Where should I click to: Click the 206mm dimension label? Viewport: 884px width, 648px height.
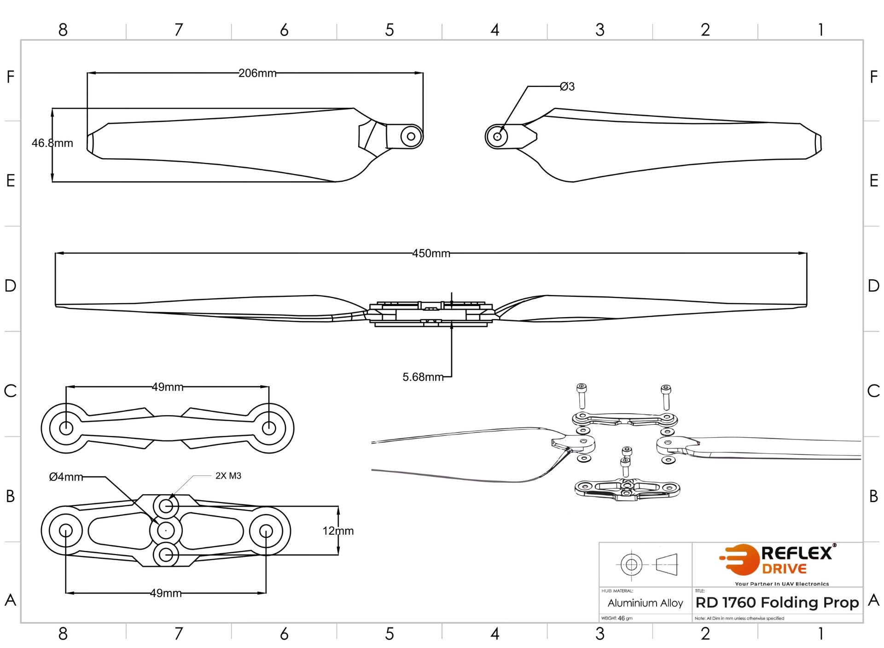click(x=257, y=73)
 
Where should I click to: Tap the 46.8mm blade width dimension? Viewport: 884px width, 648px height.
click(x=52, y=143)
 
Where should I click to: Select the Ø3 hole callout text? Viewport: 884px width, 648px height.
click(x=567, y=87)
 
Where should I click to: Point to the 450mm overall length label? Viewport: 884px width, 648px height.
click(x=431, y=254)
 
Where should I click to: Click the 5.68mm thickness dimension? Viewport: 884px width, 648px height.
click(x=423, y=377)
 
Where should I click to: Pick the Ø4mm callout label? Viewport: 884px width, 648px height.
click(x=66, y=477)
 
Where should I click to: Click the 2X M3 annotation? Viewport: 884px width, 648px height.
click(x=228, y=476)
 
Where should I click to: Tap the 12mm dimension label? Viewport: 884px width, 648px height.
click(x=338, y=531)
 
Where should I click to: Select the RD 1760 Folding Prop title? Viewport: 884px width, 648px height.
click(x=777, y=602)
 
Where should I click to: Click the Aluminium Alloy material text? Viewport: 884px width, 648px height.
click(x=645, y=603)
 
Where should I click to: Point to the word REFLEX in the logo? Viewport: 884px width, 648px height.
click(x=797, y=553)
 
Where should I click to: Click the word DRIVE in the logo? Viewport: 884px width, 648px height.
click(x=784, y=569)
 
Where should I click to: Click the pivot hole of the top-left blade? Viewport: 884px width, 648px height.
click(x=411, y=136)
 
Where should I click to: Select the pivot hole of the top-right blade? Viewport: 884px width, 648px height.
click(x=497, y=137)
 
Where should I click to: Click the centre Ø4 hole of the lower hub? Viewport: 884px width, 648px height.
click(x=166, y=531)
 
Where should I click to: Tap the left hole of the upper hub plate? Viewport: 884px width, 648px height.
click(x=66, y=428)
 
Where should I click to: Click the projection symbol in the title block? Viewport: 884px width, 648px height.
click(x=648, y=564)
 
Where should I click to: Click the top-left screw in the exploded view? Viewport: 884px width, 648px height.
click(x=582, y=395)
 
